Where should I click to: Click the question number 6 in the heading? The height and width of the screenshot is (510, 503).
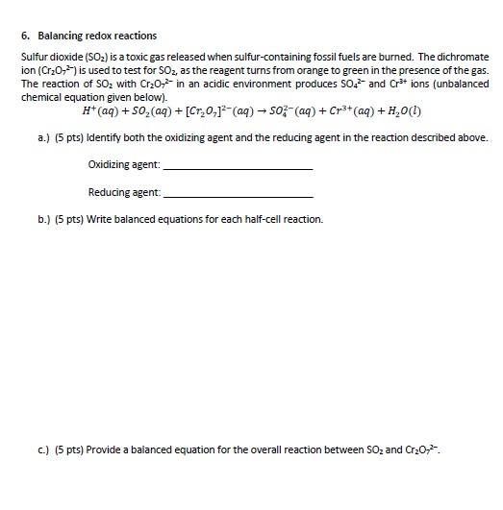click(24, 36)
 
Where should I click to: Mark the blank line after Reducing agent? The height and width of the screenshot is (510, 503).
click(239, 195)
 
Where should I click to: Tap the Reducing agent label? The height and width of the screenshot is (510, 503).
click(123, 193)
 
